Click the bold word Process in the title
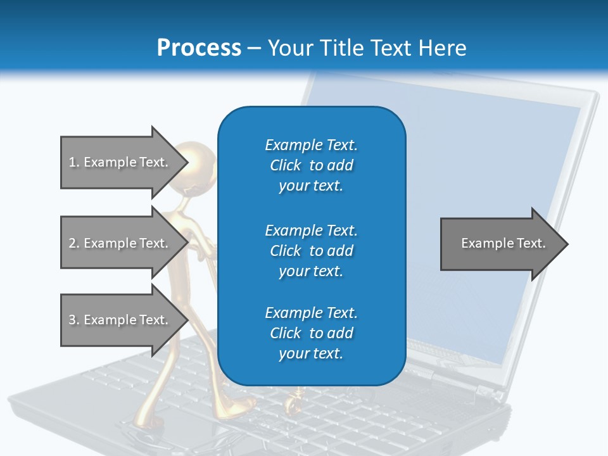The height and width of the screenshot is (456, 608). (x=199, y=48)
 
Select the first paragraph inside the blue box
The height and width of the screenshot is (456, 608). (x=312, y=165)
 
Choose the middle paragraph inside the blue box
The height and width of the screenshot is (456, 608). (x=312, y=250)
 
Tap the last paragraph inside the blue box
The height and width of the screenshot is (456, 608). (x=312, y=333)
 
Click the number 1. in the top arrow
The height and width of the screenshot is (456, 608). (x=73, y=162)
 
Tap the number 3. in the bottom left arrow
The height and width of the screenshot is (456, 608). (x=73, y=320)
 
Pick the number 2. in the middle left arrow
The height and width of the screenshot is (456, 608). (x=73, y=243)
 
